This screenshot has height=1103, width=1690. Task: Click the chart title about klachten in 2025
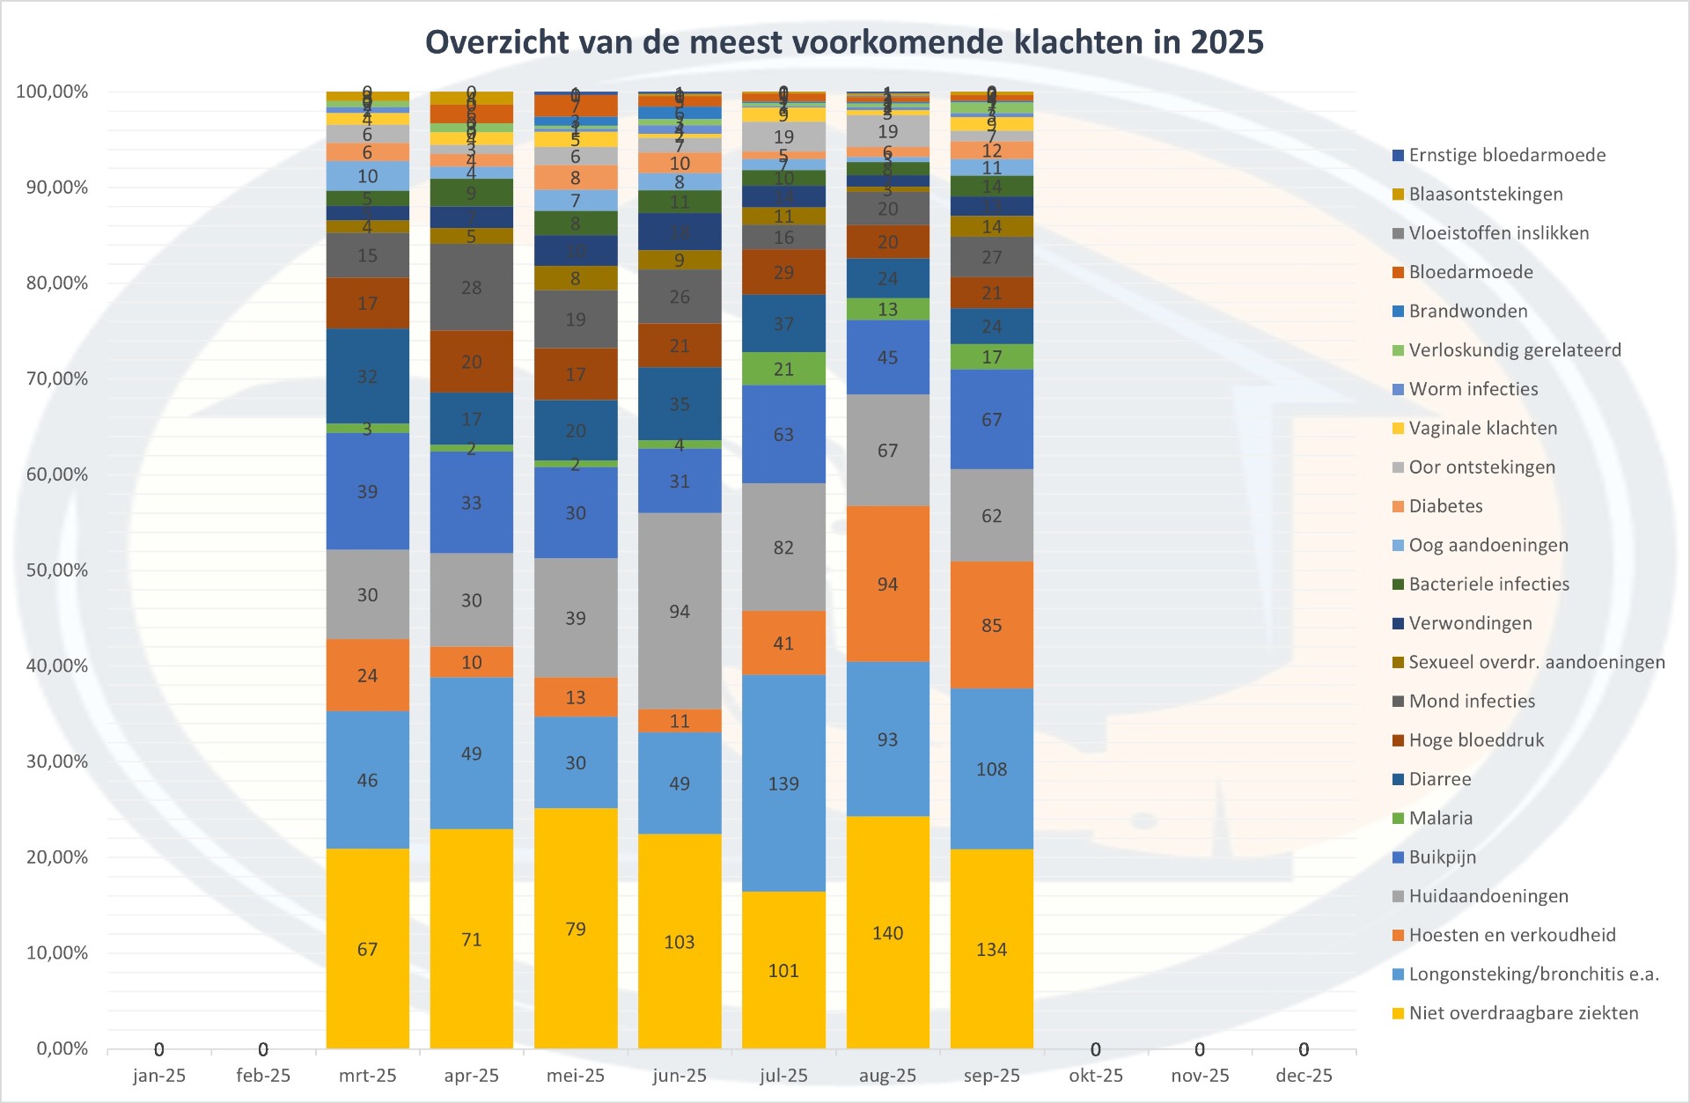click(x=844, y=42)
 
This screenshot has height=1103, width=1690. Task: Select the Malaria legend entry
click(x=1440, y=819)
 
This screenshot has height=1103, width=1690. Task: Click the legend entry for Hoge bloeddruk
click(x=1476, y=740)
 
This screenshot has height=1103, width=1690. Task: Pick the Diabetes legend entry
click(x=1445, y=506)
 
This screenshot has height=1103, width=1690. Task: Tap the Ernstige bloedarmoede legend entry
click(x=1507, y=156)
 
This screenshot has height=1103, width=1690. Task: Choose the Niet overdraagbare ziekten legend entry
click(x=1523, y=1013)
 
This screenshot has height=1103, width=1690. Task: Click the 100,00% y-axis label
click(x=53, y=92)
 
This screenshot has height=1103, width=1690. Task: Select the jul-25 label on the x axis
click(x=783, y=1076)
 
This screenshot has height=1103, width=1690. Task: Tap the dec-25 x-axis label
click(x=1304, y=1076)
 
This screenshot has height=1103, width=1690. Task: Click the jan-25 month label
click(x=159, y=1076)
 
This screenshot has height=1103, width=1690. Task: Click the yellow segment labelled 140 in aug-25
click(x=887, y=933)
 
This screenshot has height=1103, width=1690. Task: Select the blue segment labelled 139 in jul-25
click(x=783, y=783)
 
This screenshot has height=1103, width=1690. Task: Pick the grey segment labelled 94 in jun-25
click(x=680, y=612)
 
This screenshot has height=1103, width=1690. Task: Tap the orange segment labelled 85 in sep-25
click(x=991, y=625)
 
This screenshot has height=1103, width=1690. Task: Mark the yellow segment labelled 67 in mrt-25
click(x=367, y=949)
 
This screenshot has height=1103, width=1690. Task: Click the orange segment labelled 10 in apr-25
click(x=472, y=662)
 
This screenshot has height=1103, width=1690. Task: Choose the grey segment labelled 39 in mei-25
click(x=576, y=618)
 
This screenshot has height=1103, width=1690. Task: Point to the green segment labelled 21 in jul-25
click(x=783, y=369)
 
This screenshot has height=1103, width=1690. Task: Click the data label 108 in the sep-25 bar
click(x=991, y=769)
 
